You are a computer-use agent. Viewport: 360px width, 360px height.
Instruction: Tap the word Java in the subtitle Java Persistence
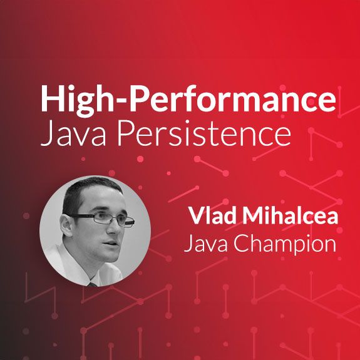coord(73,134)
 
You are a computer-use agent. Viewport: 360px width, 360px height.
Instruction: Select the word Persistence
coord(204,134)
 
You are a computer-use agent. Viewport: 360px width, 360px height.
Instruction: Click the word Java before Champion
coord(206,244)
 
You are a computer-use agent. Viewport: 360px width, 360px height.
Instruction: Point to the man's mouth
coord(110,243)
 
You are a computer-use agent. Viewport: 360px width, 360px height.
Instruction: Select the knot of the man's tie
coord(93,284)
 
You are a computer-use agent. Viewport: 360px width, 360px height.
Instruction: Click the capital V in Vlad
coord(197,216)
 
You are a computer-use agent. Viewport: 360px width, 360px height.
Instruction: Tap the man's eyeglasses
coord(103,219)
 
